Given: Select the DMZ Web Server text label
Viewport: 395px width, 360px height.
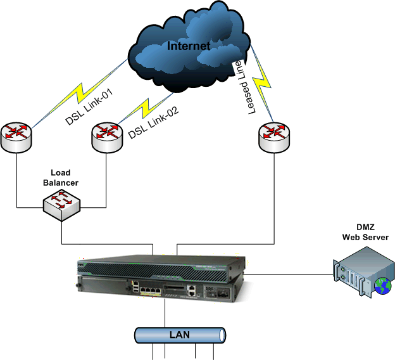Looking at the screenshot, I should [365, 233].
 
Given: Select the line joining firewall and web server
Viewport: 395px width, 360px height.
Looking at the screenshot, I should [288, 274].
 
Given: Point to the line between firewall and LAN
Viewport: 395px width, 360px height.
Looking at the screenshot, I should [165, 313].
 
